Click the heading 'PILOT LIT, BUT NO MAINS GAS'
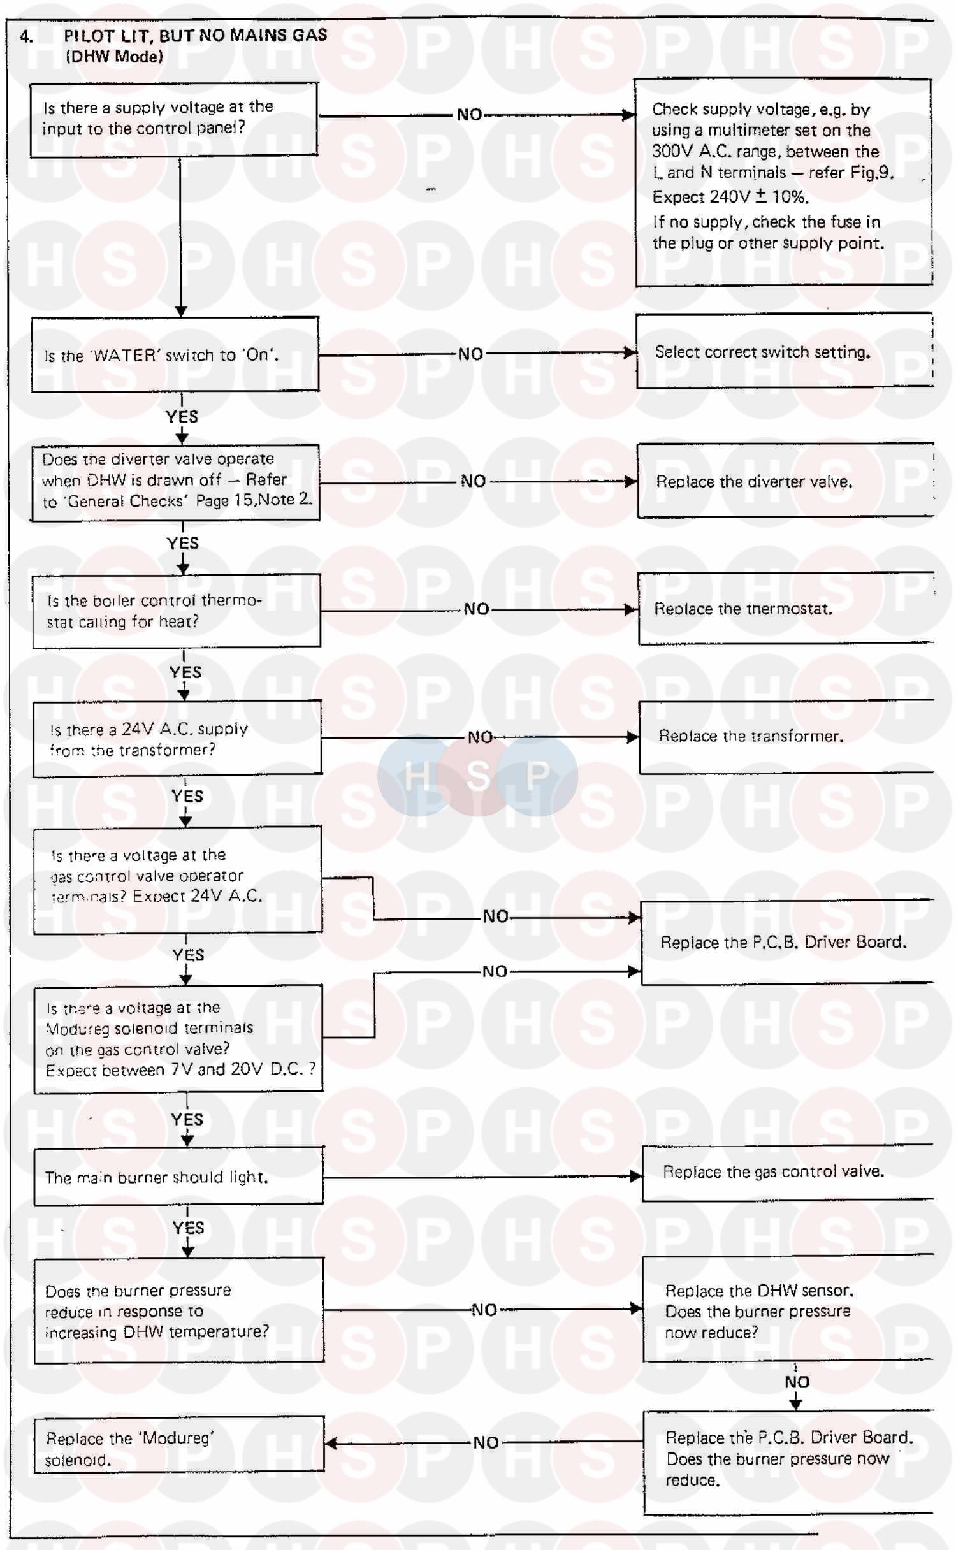pyautogui.click(x=195, y=36)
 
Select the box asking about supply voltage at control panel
pyautogui.click(x=174, y=119)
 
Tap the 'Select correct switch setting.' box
pyautogui.click(x=784, y=352)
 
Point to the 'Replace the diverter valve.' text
pyautogui.click(x=754, y=482)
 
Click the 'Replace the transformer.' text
pyautogui.click(x=751, y=736)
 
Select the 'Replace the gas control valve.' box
pyautogui.click(x=787, y=1171)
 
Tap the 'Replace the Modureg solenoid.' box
pyautogui.click(x=179, y=1449)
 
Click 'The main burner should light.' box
pyautogui.click(x=179, y=1177)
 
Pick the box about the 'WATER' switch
pyautogui.click(x=175, y=355)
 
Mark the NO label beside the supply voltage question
pyautogui.click(x=470, y=115)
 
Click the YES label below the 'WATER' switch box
pyautogui.click(x=182, y=417)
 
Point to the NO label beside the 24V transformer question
pyautogui.click(x=480, y=737)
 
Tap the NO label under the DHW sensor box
pyautogui.click(x=797, y=1382)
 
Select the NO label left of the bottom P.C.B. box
pyautogui.click(x=486, y=1443)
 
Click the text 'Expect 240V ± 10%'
pyautogui.click(x=730, y=197)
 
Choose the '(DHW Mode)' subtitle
pyautogui.click(x=114, y=57)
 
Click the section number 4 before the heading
pyautogui.click(x=25, y=36)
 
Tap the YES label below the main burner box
pyautogui.click(x=188, y=1228)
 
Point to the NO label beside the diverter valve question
pyautogui.click(x=473, y=481)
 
